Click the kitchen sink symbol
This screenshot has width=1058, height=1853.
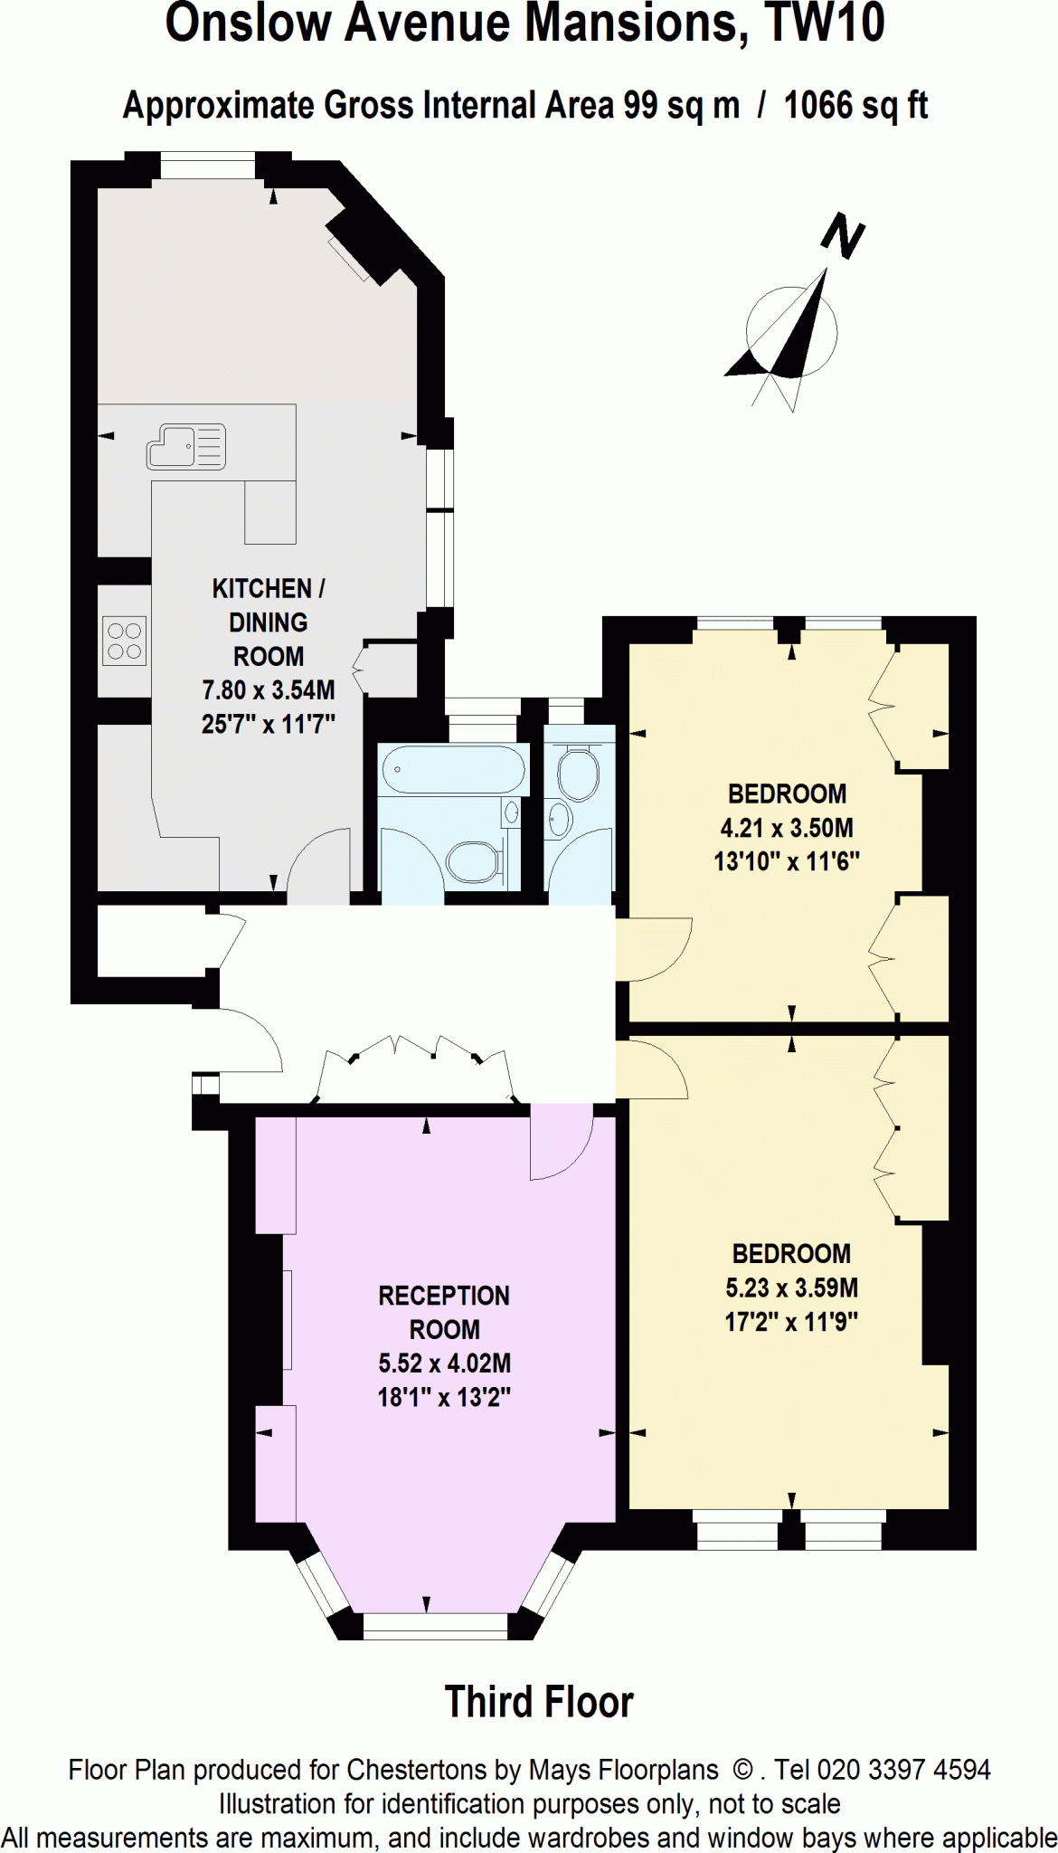186,447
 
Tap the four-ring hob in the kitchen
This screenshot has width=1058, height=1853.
124,641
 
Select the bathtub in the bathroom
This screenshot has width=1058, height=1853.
452,770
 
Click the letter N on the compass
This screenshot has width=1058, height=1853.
843,237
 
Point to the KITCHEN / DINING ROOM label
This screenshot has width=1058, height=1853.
268,622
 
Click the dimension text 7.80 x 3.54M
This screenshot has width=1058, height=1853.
268,690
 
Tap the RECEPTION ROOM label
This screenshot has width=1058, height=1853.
444,1312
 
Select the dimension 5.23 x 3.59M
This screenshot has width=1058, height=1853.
791,1288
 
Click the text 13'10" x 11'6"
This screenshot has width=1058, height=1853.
787,861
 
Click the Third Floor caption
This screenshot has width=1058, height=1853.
539,1702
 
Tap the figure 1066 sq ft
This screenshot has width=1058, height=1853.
855,106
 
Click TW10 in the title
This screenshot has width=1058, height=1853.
824,24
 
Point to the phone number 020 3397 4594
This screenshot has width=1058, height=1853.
903,1770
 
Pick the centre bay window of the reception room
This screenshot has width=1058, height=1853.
435,1626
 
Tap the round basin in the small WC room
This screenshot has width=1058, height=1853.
558,820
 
